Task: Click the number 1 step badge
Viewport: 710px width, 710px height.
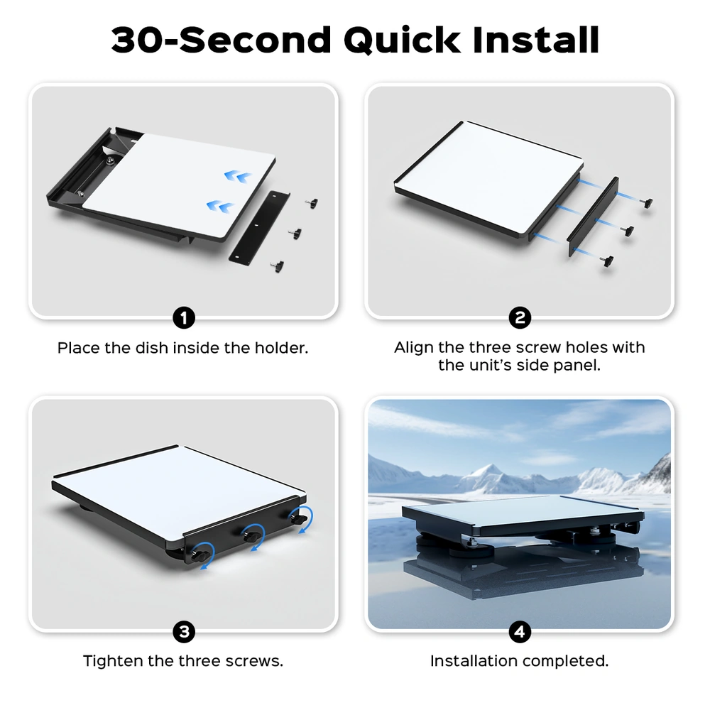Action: tap(184, 318)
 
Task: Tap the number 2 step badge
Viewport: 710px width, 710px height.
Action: tap(520, 318)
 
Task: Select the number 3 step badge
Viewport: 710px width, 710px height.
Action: tap(184, 632)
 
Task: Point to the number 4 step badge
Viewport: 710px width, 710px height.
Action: tap(520, 632)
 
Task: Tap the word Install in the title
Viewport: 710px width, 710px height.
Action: tap(535, 40)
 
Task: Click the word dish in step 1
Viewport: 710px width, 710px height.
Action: tap(152, 348)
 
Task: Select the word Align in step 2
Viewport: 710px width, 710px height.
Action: tap(414, 348)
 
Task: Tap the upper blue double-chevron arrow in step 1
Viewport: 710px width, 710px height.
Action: tap(237, 177)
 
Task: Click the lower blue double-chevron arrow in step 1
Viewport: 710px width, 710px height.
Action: tap(220, 207)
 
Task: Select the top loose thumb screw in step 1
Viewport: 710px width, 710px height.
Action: tap(312, 203)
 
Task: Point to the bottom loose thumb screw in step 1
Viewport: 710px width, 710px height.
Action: tap(277, 266)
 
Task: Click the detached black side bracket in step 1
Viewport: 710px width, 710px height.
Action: tap(259, 228)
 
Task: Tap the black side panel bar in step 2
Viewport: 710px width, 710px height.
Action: tap(593, 217)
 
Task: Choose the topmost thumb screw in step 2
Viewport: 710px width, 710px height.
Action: tap(647, 202)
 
